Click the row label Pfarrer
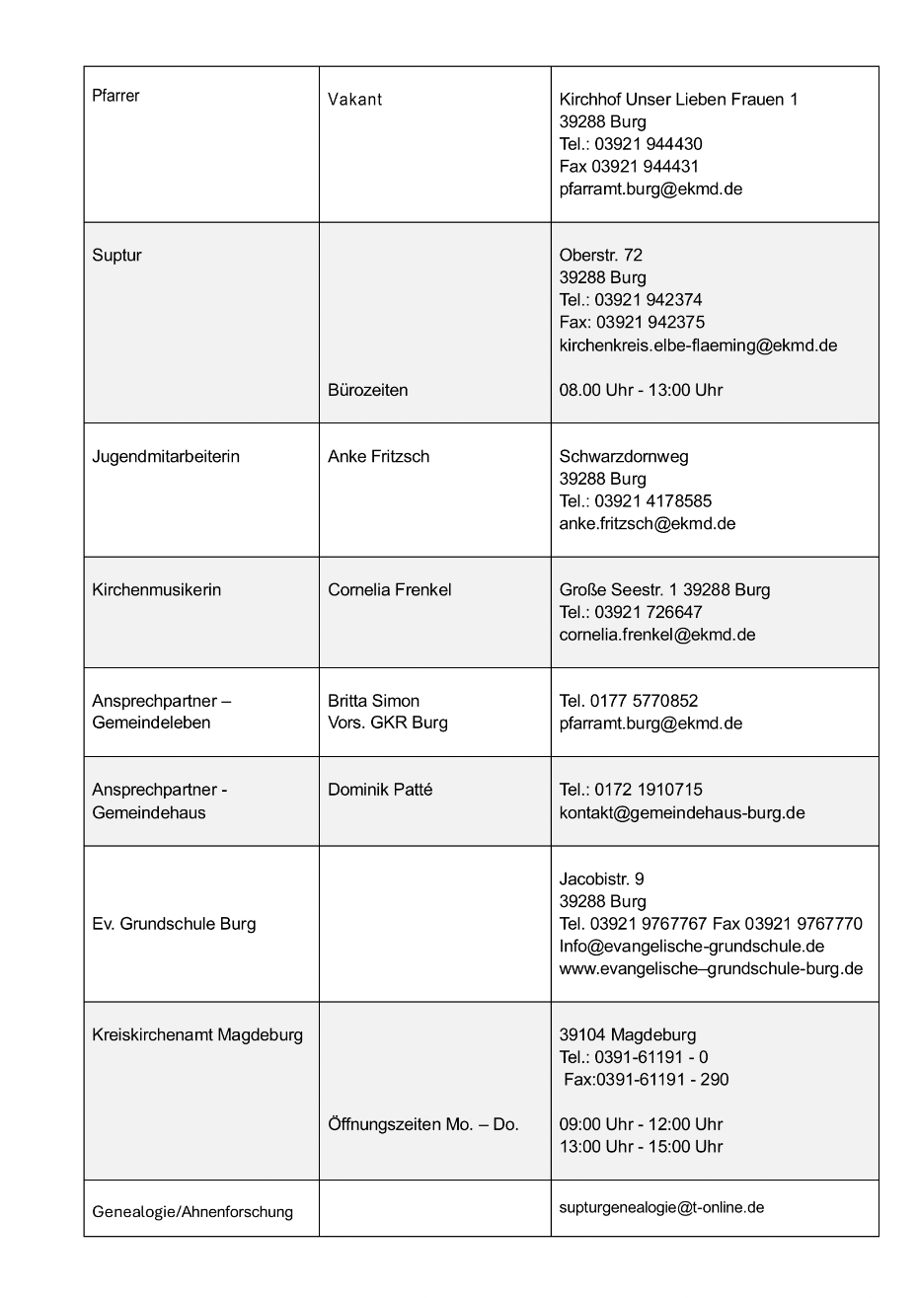click(x=115, y=96)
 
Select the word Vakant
click(x=354, y=100)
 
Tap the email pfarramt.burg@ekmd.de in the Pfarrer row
click(x=650, y=189)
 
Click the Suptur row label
click(x=116, y=255)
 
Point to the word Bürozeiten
click(x=367, y=390)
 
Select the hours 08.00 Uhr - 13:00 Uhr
click(x=641, y=390)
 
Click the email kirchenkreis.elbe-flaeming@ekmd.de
click(x=698, y=344)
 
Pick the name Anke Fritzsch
click(x=378, y=456)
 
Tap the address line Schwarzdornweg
click(x=624, y=456)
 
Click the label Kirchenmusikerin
click(x=156, y=589)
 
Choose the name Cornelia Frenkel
click(x=390, y=589)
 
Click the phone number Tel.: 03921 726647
click(x=631, y=612)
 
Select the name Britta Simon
click(x=373, y=701)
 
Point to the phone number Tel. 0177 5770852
click(x=629, y=701)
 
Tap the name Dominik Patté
click(x=380, y=790)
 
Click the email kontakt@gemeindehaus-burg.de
click(x=682, y=812)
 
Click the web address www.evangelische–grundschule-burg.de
click(x=711, y=968)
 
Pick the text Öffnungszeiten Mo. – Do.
click(x=422, y=1124)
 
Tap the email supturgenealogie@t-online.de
click(x=661, y=1207)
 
